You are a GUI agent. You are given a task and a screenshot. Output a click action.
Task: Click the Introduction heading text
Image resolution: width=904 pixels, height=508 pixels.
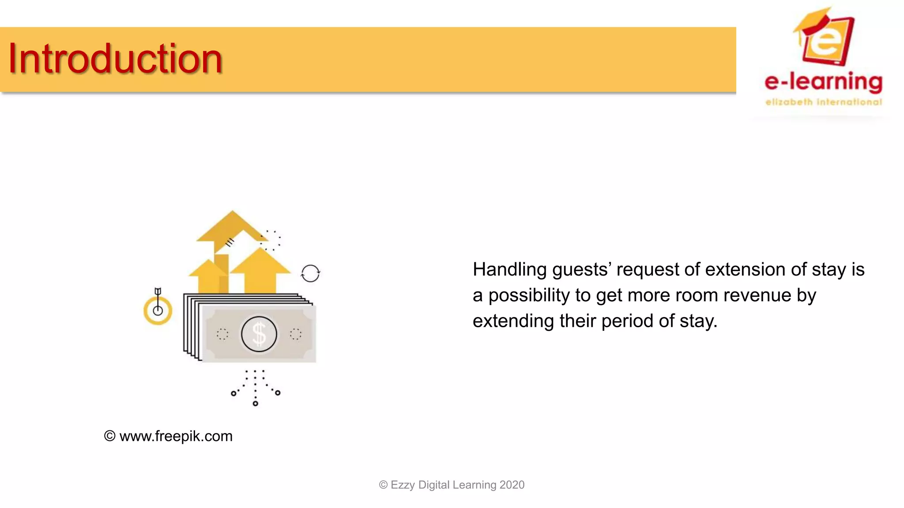click(x=115, y=59)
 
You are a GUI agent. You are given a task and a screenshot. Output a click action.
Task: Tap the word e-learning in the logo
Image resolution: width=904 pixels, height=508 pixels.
click(x=823, y=82)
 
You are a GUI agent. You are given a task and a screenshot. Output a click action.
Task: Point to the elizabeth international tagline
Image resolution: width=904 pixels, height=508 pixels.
click(x=823, y=102)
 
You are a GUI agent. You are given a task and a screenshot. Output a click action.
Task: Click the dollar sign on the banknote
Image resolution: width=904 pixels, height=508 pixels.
click(x=259, y=334)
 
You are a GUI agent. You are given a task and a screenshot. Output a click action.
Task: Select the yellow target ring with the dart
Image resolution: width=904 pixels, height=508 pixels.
click(x=158, y=310)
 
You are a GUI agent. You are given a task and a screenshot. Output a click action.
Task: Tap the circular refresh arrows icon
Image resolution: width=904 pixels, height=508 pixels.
click(x=310, y=273)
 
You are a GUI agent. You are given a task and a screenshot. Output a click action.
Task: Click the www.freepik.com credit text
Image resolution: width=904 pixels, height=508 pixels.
click(x=175, y=436)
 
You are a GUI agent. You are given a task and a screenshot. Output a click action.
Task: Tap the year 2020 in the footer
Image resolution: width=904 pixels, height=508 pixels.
click(x=512, y=485)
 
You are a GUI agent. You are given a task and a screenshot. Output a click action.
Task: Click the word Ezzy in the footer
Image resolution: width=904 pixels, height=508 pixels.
click(x=402, y=485)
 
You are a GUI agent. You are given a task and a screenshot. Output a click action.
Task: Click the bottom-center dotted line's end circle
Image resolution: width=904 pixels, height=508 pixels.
click(x=255, y=403)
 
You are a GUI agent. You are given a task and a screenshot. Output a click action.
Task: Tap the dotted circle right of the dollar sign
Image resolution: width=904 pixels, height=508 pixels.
click(x=295, y=334)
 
